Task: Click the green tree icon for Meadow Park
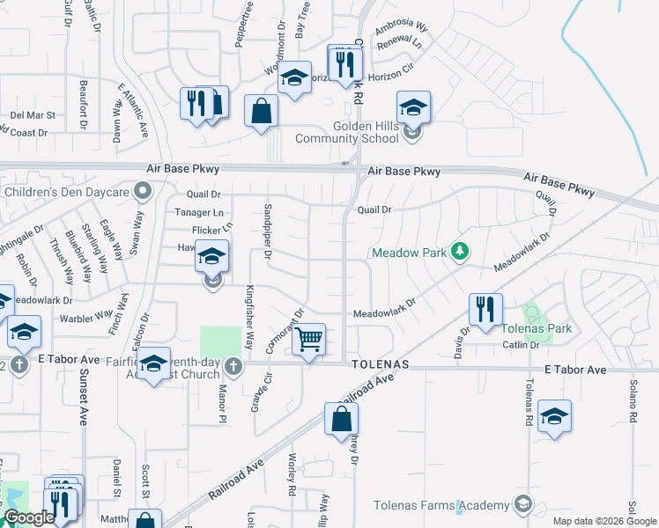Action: coord(458,252)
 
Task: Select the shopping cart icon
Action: coord(308,339)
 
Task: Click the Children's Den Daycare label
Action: coord(67,191)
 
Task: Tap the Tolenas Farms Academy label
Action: coord(441,504)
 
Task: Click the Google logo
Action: coord(29,518)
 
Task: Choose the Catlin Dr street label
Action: coord(521,345)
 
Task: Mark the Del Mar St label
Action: coord(33,114)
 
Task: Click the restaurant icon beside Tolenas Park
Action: coord(485,310)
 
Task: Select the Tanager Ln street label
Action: coord(199,212)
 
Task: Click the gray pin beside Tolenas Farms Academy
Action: coord(523,504)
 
